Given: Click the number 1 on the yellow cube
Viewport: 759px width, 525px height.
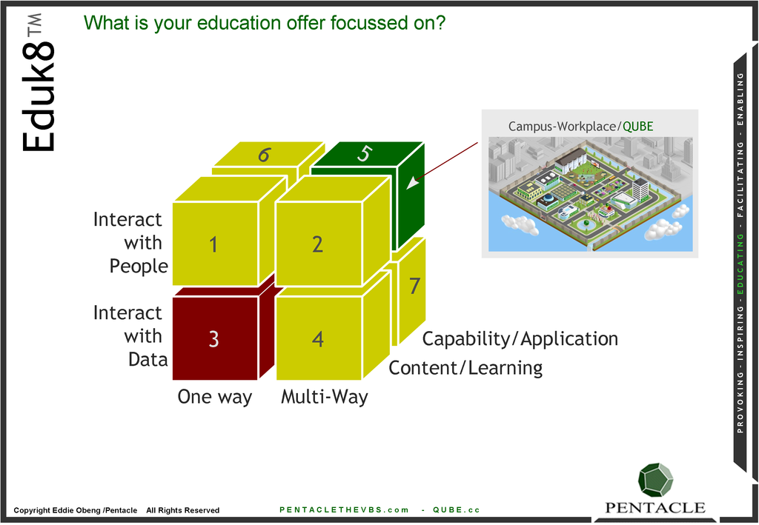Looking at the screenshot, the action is tap(213, 244).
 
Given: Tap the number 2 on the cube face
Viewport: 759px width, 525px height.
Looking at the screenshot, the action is tap(317, 244).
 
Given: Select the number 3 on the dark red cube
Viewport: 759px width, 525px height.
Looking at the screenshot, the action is tap(213, 339).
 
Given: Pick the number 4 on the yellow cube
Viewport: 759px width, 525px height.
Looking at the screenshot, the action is tap(317, 339).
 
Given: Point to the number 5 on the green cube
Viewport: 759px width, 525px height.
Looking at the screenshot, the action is tap(365, 154).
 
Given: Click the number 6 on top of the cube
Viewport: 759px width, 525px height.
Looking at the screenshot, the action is tap(265, 155).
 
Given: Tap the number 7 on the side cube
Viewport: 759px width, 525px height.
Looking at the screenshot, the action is tap(414, 286).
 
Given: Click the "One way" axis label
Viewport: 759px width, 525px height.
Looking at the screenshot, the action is tap(215, 397).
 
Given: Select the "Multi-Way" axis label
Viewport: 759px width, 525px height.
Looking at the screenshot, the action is tap(325, 397).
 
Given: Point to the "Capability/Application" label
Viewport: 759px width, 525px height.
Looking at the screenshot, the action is tap(520, 339).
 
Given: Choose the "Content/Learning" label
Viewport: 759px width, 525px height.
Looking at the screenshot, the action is tap(465, 368).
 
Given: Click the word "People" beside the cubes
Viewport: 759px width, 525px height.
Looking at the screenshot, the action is tap(139, 266).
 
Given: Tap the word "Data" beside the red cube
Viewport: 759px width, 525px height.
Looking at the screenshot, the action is tap(148, 359).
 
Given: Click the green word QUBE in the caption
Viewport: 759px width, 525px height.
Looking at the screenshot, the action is tap(638, 127).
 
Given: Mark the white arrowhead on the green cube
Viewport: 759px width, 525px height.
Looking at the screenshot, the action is tap(412, 183).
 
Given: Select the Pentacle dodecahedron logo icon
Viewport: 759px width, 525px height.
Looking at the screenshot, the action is tap(655, 480).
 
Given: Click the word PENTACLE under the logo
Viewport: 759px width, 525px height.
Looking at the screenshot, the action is tap(655, 507).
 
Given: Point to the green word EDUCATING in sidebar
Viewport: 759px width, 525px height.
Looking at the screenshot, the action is tap(740, 264).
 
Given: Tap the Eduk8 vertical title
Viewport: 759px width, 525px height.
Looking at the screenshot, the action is tap(38, 83).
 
